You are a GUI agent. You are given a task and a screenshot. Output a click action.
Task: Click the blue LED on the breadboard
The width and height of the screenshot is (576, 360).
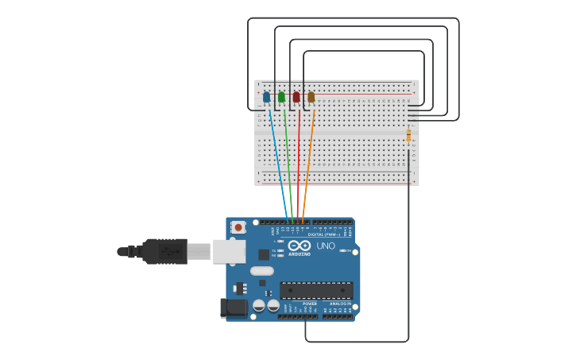(266, 98)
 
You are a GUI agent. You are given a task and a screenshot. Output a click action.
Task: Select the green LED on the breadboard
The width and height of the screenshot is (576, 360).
(281, 97)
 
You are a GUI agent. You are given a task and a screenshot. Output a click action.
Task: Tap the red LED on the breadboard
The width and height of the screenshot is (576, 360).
(296, 97)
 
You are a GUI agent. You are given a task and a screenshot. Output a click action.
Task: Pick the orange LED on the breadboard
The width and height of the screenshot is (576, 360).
(311, 97)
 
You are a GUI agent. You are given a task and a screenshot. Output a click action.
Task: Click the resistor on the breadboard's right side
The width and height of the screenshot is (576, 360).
(408, 137)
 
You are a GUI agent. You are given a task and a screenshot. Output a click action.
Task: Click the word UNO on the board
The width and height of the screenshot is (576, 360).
(326, 246)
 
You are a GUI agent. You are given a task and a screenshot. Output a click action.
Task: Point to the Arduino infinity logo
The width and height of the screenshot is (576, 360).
(299, 246)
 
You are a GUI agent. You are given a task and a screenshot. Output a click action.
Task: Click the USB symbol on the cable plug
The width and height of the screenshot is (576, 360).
(168, 251)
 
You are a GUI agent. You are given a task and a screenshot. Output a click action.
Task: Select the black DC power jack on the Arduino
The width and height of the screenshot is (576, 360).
(234, 307)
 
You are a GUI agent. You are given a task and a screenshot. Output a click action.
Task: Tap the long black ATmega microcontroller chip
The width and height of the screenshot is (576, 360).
(316, 290)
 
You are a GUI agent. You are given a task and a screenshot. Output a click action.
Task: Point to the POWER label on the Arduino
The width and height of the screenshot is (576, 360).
(310, 304)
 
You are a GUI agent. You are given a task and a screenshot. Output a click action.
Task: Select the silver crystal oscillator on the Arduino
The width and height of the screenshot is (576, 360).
(261, 271)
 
